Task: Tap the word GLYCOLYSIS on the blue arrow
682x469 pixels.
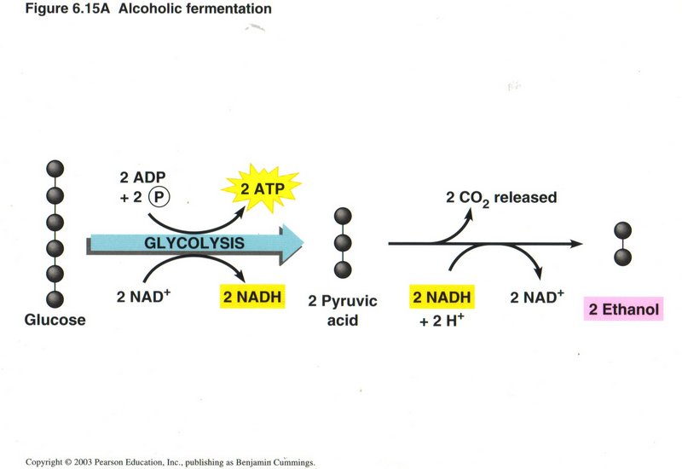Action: [x=195, y=243]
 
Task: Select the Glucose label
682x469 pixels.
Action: [x=55, y=321]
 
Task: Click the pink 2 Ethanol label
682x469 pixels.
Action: [x=622, y=310]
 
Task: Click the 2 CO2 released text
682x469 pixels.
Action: [x=501, y=198]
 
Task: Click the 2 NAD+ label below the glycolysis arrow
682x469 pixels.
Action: [x=144, y=298]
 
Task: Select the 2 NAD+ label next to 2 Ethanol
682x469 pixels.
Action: [x=537, y=298]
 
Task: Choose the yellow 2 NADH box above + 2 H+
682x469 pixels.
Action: [x=442, y=298]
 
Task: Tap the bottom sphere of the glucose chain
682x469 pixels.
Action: [x=56, y=299]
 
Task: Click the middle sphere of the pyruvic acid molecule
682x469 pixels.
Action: [x=343, y=243]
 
